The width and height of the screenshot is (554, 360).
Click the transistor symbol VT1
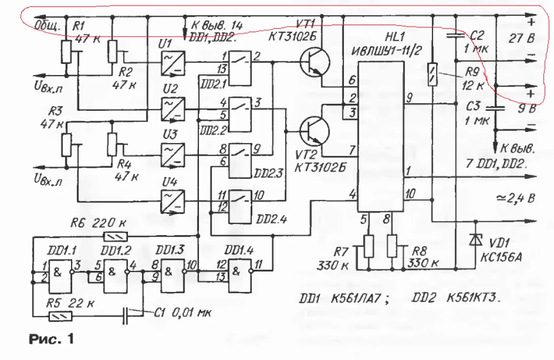click(x=315, y=63)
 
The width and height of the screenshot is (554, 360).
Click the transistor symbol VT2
click(x=315, y=130)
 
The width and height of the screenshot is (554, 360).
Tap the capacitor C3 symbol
click(x=498, y=107)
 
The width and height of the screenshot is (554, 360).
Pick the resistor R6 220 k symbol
click(x=115, y=236)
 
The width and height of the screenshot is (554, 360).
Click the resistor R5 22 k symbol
click(x=60, y=316)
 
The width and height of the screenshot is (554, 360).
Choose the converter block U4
click(x=172, y=200)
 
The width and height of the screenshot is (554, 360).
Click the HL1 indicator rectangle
click(x=381, y=136)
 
